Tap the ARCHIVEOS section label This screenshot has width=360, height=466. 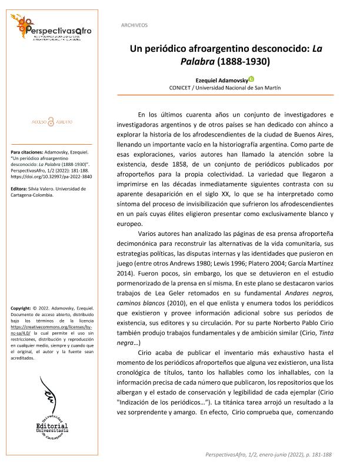click(x=134, y=25)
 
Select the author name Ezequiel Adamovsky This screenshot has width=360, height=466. click(x=220, y=78)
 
